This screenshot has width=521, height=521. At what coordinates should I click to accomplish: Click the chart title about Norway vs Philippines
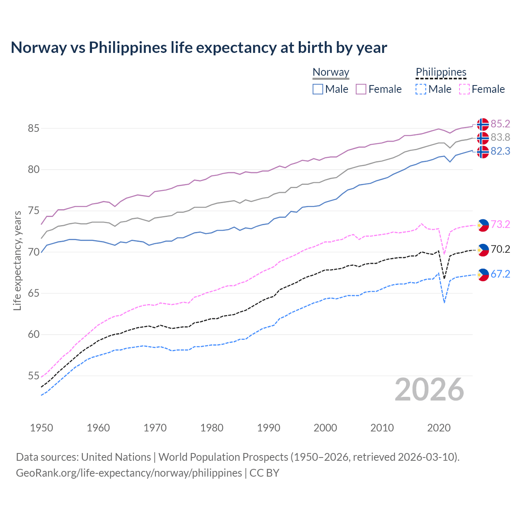click(199, 48)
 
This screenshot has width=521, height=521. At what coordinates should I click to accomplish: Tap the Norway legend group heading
click(331, 72)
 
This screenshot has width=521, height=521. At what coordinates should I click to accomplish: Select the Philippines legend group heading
click(441, 72)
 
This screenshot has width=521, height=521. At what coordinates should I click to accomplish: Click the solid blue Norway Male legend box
click(318, 89)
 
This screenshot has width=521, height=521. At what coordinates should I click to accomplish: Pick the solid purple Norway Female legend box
click(361, 89)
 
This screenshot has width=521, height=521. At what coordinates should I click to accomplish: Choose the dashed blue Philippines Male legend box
click(421, 89)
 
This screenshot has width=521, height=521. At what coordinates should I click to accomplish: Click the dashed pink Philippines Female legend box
click(464, 89)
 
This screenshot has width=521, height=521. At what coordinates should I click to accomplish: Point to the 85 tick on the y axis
click(33, 128)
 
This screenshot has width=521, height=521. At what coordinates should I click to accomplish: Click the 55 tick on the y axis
click(33, 376)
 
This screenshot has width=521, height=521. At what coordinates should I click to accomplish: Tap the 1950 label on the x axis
click(42, 428)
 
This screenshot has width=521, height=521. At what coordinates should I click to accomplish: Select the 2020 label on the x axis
click(439, 428)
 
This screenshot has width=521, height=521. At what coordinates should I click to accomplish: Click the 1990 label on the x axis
click(269, 428)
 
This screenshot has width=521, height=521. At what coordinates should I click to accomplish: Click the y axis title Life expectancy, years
click(17, 260)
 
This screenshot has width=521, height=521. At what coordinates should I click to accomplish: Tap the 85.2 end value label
click(500, 124)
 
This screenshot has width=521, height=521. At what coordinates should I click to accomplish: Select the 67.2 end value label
click(500, 274)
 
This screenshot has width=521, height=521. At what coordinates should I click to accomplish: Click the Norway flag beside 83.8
click(483, 138)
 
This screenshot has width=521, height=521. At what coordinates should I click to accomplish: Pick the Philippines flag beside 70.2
click(483, 250)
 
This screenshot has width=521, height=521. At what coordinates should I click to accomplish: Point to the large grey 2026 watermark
click(429, 390)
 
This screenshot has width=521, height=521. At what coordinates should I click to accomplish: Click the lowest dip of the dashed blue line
click(444, 302)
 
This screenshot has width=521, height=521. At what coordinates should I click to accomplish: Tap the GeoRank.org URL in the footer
click(129, 473)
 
